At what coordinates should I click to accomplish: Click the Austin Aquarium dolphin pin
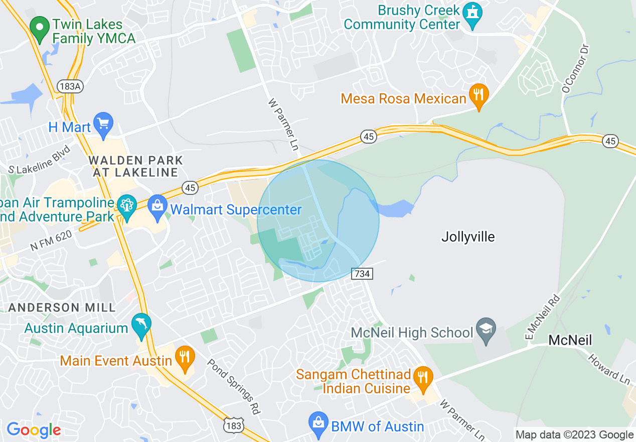point(141,325)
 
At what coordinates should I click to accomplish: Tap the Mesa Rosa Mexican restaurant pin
point(479,96)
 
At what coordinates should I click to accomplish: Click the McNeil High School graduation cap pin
point(486,330)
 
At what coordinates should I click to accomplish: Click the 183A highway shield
point(69,86)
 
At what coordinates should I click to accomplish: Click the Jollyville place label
point(468,237)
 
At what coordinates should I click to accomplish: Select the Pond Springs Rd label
point(234,386)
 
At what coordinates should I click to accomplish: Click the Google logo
point(34,430)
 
